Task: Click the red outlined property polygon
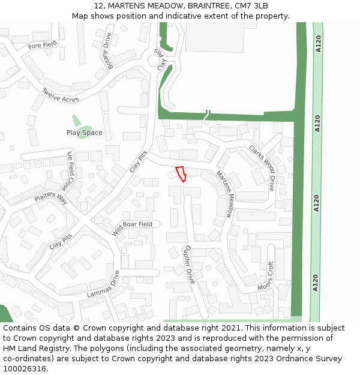click(181, 173)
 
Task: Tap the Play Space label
click(84, 133)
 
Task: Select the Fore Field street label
click(43, 44)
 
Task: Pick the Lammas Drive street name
click(103, 284)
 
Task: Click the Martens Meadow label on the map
click(224, 193)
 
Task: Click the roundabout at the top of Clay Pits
click(158, 61)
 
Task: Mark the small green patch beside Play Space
click(76, 121)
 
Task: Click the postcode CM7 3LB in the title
click(252, 6)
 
